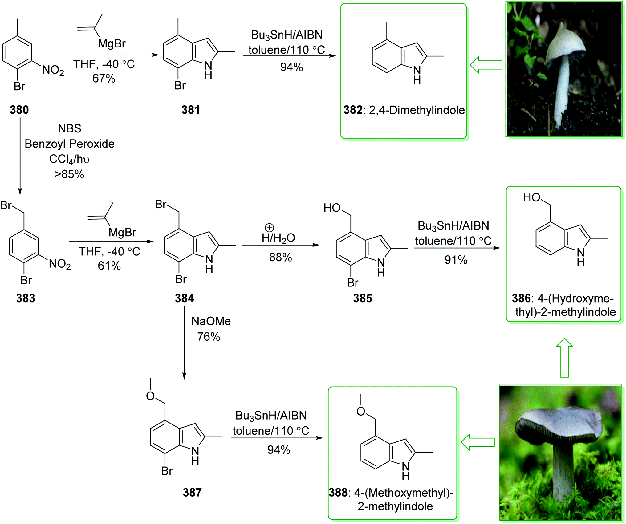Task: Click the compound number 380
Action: click(x=19, y=110)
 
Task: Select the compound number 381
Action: click(x=191, y=110)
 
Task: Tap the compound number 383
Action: click(x=26, y=298)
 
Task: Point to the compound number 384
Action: click(x=185, y=298)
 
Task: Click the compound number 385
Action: click(x=363, y=298)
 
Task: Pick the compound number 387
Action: click(x=192, y=492)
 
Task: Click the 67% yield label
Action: click(x=104, y=79)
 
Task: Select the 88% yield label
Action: click(x=280, y=257)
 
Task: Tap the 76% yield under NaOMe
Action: click(x=209, y=337)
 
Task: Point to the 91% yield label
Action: click(x=456, y=260)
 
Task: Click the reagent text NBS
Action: click(x=70, y=128)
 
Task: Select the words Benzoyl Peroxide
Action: click(x=70, y=144)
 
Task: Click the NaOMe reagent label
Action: click(x=211, y=321)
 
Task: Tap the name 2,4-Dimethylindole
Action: click(x=417, y=110)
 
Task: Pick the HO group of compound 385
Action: click(x=332, y=208)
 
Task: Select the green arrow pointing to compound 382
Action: click(x=486, y=65)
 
